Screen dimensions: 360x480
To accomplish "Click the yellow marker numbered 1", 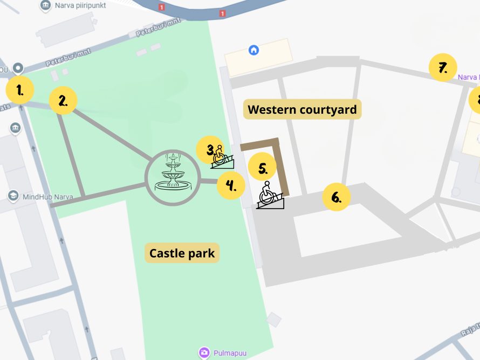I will point(20,91).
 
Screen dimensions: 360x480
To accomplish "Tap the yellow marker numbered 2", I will point(63,100).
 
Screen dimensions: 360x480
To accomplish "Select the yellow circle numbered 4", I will point(231,186).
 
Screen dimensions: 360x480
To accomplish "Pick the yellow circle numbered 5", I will point(263,168).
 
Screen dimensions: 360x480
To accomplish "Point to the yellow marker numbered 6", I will point(337,197).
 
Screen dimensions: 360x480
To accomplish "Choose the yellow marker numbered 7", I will point(443,68).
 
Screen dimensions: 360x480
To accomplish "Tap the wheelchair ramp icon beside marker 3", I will point(223,157).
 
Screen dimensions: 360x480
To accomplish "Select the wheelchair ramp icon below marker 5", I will point(269,196).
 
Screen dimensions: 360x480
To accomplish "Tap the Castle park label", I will point(182,253).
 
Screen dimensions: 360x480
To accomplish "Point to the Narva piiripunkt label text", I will point(80,5).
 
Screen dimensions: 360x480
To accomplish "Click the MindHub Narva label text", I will point(49,196).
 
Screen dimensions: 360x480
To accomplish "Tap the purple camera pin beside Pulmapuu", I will point(204,352).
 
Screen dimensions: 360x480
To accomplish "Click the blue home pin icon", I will point(253,51).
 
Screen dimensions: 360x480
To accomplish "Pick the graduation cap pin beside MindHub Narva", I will point(13,196).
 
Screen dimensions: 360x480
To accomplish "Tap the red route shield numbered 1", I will point(161,7).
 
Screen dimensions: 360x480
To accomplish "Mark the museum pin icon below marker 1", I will point(15,128).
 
